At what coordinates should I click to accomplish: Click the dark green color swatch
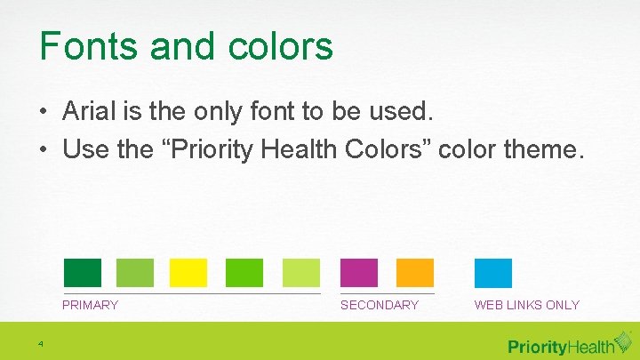pos(82,273)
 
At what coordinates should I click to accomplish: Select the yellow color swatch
pos(188,273)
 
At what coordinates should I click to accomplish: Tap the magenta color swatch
pos(359,273)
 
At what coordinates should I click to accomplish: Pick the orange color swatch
pos(414,273)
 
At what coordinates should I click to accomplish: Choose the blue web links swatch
pos(493,273)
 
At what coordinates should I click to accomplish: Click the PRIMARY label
pos(90,305)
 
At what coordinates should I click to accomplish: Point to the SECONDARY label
pos(380,305)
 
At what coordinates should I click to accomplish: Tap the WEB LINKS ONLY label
pos(526,305)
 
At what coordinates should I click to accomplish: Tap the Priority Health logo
pos(561,345)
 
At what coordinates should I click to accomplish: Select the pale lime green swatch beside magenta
pos(301,273)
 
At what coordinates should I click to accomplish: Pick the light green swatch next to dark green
pos(135,273)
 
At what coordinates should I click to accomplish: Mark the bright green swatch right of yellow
pos(244,273)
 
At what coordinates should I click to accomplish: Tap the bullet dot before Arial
pos(44,113)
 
